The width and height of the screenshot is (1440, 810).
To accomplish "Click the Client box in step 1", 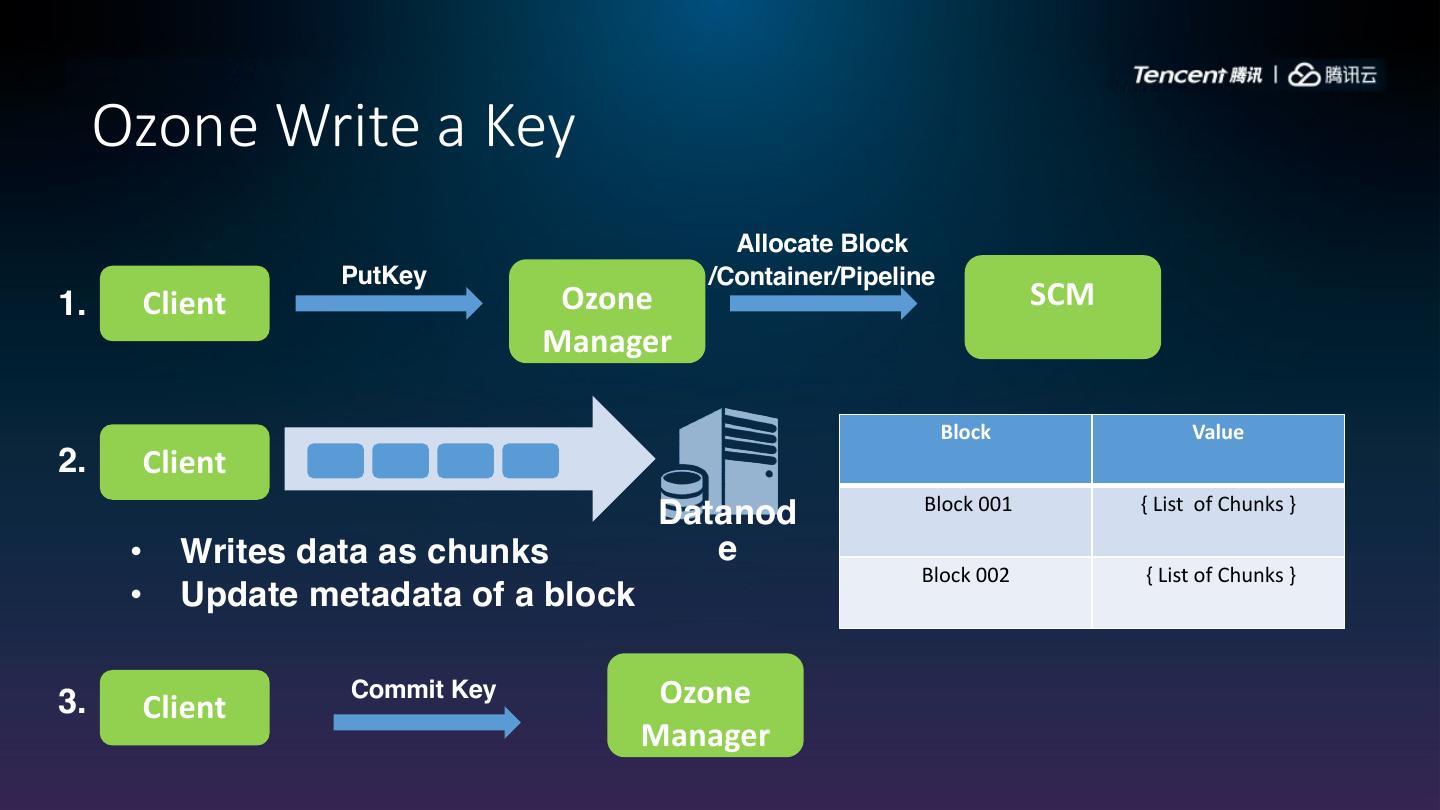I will [185, 303].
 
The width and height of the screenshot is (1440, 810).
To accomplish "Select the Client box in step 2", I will [185, 462].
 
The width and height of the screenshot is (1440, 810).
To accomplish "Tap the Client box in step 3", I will [185, 707].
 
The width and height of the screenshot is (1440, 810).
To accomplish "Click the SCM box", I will [1062, 306].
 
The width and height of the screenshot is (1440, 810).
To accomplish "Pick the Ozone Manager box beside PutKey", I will [607, 311].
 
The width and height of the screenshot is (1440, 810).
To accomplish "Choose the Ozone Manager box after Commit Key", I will [705, 705].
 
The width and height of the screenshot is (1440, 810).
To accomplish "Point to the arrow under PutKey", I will [388, 303].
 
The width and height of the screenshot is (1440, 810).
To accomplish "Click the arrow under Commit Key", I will [426, 722].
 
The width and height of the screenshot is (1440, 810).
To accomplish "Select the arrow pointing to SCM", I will [822, 303].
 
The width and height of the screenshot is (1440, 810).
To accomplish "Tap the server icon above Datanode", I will [728, 455].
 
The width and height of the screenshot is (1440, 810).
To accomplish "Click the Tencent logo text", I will [1197, 75].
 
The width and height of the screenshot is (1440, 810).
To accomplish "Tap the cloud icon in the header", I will [1304, 75].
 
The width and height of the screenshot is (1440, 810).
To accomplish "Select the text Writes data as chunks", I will [364, 551].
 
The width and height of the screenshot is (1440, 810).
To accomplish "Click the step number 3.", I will [72, 702].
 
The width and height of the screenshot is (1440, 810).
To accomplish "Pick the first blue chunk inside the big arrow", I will [335, 461].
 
